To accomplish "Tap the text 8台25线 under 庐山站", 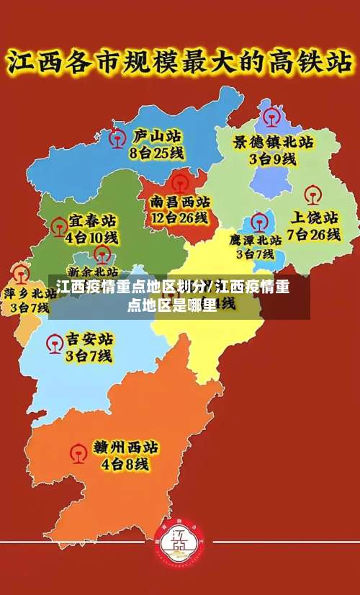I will coord(157,153).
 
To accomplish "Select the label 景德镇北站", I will coord(273,142).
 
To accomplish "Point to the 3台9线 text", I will coord(273,159).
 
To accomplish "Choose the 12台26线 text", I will coord(179,218).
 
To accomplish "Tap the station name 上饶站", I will coord(314,217).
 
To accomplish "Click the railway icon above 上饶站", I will coord(312,194).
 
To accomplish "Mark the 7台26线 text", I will coord(314,234).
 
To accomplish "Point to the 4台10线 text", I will coord(91,237).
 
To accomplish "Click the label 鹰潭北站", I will coord(256,240).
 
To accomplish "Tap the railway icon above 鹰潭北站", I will coord(258,219).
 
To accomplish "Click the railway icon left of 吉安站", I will coord(53,345).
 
